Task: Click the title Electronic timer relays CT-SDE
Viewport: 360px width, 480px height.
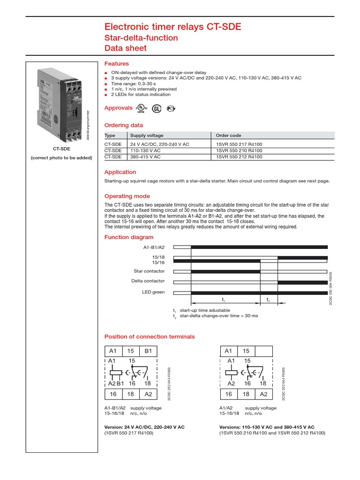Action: tap(172, 27)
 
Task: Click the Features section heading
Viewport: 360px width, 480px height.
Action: tap(116, 64)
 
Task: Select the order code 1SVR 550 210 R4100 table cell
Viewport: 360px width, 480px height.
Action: tap(239, 150)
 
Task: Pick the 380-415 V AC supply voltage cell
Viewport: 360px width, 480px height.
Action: tap(145, 157)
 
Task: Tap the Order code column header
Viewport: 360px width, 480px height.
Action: tap(229, 135)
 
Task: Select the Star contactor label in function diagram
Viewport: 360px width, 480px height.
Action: tap(149, 271)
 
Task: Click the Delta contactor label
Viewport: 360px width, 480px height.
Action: tap(148, 281)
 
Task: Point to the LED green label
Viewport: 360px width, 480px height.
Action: tap(153, 292)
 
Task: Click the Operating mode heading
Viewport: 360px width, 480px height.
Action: tap(127, 196)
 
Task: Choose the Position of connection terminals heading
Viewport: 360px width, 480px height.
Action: tap(149, 337)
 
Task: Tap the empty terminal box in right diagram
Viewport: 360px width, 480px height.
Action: tap(264, 351)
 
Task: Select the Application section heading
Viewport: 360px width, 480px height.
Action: tap(120, 172)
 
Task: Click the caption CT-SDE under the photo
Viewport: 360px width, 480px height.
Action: tap(61, 150)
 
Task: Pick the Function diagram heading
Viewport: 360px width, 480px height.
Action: tap(122, 238)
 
